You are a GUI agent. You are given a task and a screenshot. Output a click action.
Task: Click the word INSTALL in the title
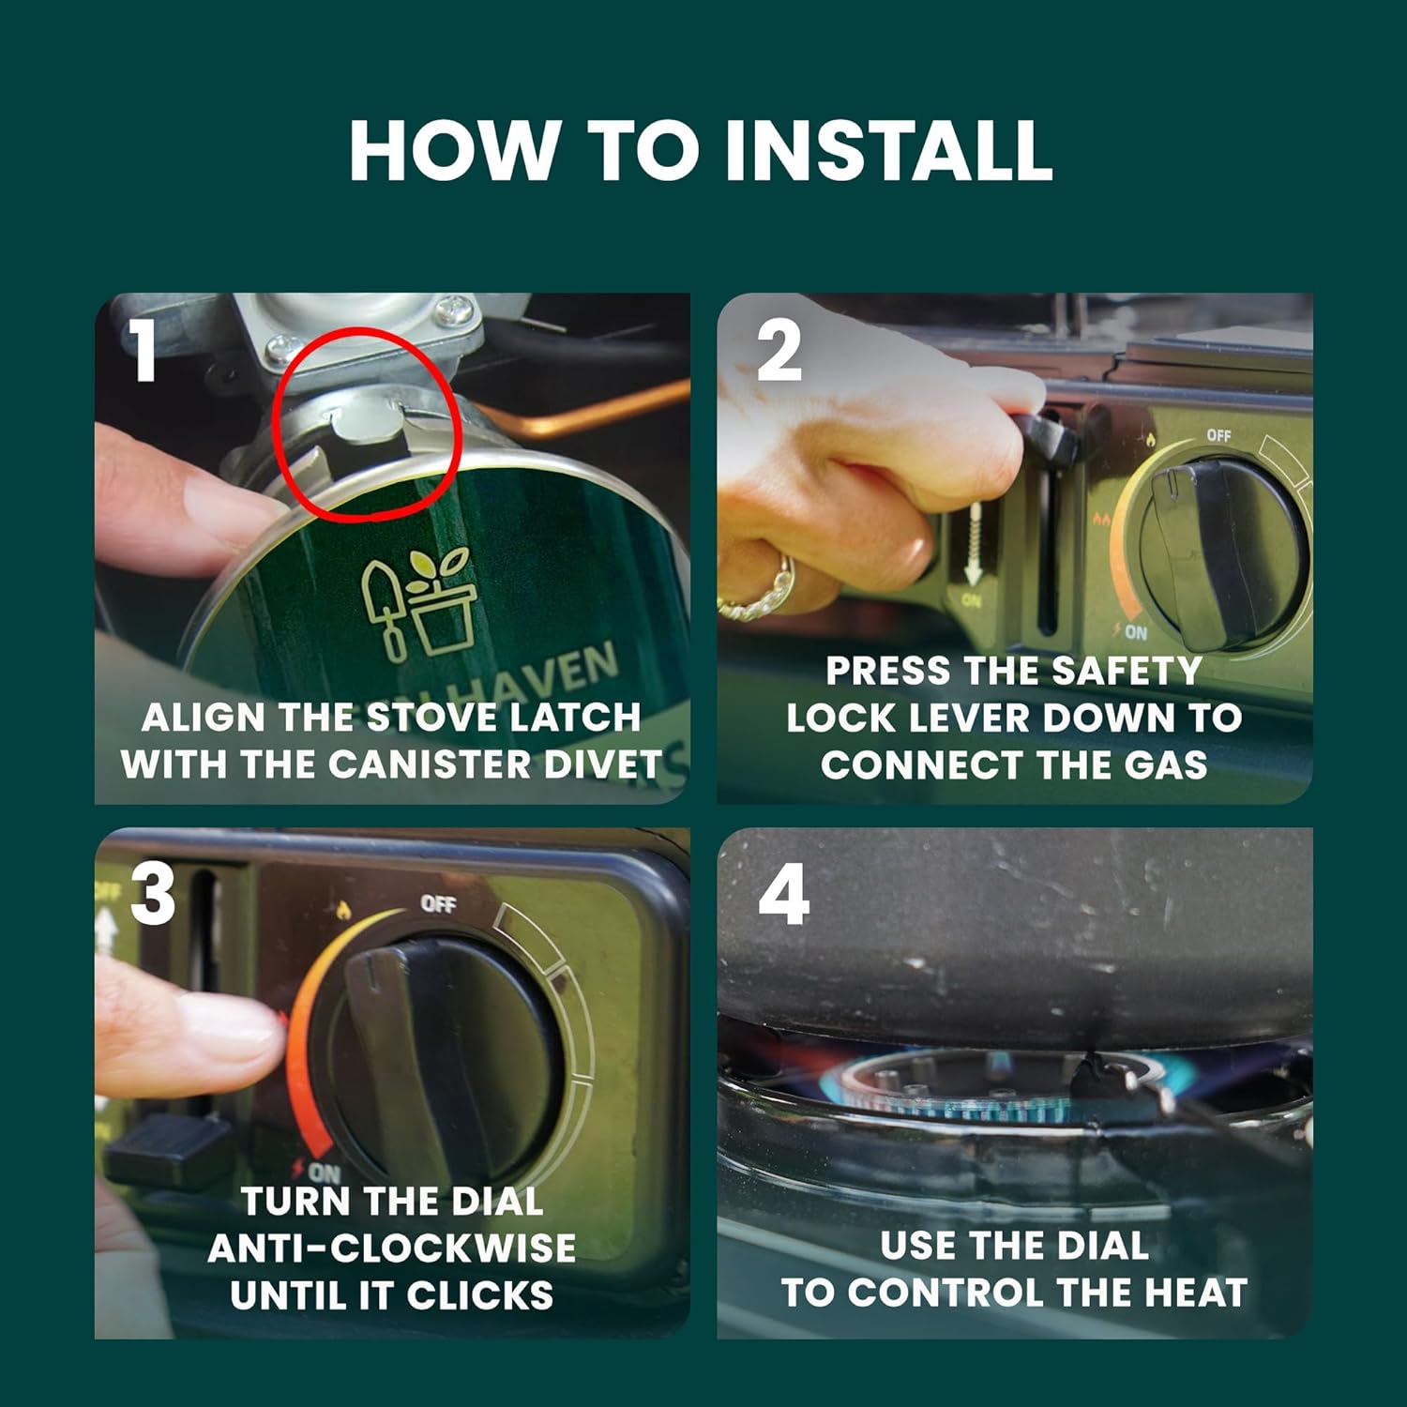click(889, 150)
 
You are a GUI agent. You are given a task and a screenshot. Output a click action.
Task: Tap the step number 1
click(143, 351)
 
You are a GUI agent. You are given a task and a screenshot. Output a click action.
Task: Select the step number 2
click(779, 351)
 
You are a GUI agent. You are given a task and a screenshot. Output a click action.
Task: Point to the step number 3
click(153, 894)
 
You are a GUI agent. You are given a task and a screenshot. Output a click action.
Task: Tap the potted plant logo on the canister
click(419, 605)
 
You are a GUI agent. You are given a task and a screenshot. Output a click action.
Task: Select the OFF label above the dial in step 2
click(1218, 435)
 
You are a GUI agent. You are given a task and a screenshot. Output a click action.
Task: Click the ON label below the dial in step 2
click(1135, 632)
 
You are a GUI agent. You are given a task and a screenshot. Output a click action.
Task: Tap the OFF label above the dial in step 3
click(438, 903)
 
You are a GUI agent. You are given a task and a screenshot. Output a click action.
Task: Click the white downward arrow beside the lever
click(973, 544)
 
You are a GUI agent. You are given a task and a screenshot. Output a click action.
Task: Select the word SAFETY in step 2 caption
click(1127, 672)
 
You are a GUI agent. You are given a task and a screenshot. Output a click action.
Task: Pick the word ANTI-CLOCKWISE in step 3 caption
click(392, 1248)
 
